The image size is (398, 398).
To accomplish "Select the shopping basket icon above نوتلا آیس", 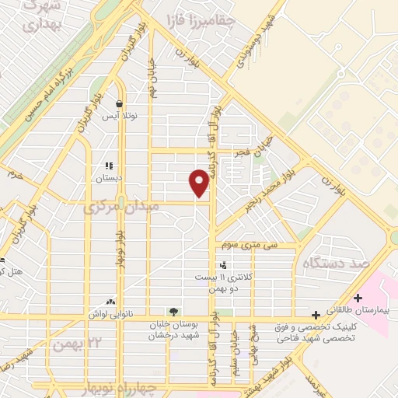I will (119, 103).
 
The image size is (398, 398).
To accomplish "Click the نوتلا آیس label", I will (121, 116).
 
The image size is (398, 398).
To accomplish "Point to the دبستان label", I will (110, 178).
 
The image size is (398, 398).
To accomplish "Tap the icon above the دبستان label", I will (109, 166).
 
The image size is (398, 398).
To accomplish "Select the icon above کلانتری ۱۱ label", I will (223, 266).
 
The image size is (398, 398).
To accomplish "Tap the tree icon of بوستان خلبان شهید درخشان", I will (171, 313).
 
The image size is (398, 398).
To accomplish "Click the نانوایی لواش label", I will (110, 314).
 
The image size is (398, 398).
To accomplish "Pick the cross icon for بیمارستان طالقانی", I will (358, 298).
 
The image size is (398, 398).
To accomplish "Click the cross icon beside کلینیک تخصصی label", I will (315, 315).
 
